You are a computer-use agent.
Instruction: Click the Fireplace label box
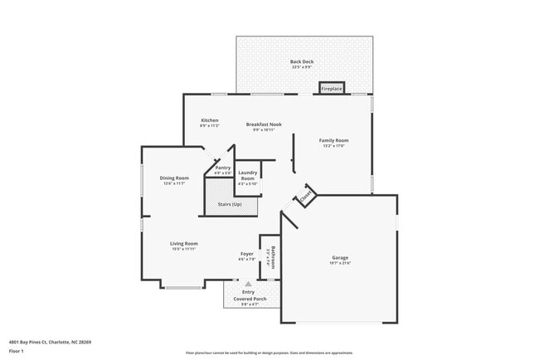pos(332,88)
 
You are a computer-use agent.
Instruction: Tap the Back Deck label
pos(301,62)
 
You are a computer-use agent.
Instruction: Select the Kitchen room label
pos(210,120)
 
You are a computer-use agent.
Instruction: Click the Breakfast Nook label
pos(264,124)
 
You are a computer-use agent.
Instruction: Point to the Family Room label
pos(333,140)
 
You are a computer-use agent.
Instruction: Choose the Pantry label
pos(223,168)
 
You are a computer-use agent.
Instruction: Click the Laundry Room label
pos(247,177)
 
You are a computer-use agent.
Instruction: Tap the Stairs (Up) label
pos(230,203)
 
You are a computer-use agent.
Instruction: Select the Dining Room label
pos(174,178)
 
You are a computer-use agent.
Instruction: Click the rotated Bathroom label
pos(272,257)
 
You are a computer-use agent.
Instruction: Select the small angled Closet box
pos(304,198)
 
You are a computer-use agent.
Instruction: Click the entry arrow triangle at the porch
pos(247,283)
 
